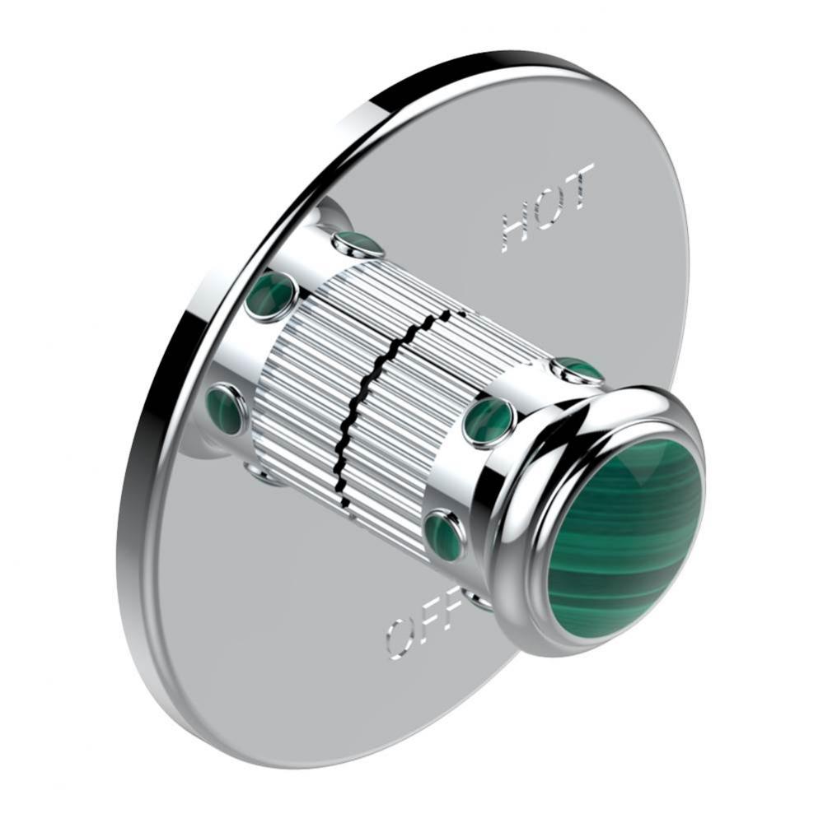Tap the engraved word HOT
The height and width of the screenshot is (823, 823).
(549, 207)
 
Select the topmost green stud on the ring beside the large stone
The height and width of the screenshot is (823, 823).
(579, 371)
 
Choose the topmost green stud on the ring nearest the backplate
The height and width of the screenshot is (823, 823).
(358, 244)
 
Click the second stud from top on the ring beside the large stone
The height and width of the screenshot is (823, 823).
(489, 421)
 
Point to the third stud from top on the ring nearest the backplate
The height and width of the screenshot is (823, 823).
(224, 409)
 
